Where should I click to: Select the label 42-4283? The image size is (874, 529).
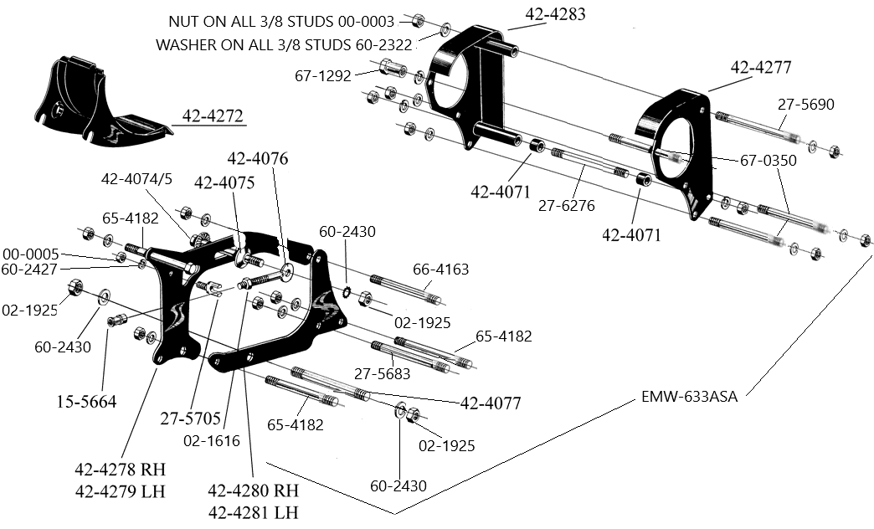(555, 14)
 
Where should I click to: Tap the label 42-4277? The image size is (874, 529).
(761, 68)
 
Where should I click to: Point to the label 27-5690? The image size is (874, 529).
(805, 105)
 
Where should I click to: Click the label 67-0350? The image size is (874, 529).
(767, 161)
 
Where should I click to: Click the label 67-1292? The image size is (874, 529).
(323, 75)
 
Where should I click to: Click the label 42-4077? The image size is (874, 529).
(491, 403)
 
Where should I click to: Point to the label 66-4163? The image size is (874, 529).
(440, 270)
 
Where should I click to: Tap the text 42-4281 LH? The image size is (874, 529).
(253, 512)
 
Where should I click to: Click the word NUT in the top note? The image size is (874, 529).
(187, 22)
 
